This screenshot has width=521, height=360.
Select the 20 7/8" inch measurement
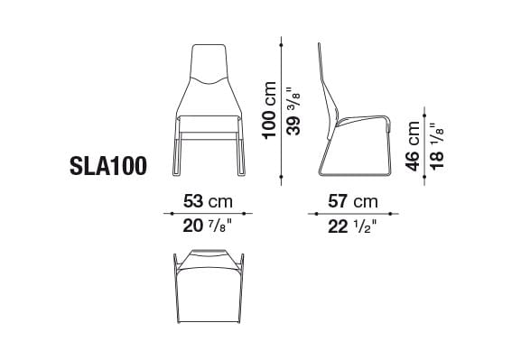(x=209, y=226)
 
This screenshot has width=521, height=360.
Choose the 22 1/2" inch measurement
(x=353, y=226)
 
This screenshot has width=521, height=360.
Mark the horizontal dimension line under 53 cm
(x=209, y=214)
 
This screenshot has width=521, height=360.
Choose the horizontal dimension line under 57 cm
(x=353, y=214)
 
